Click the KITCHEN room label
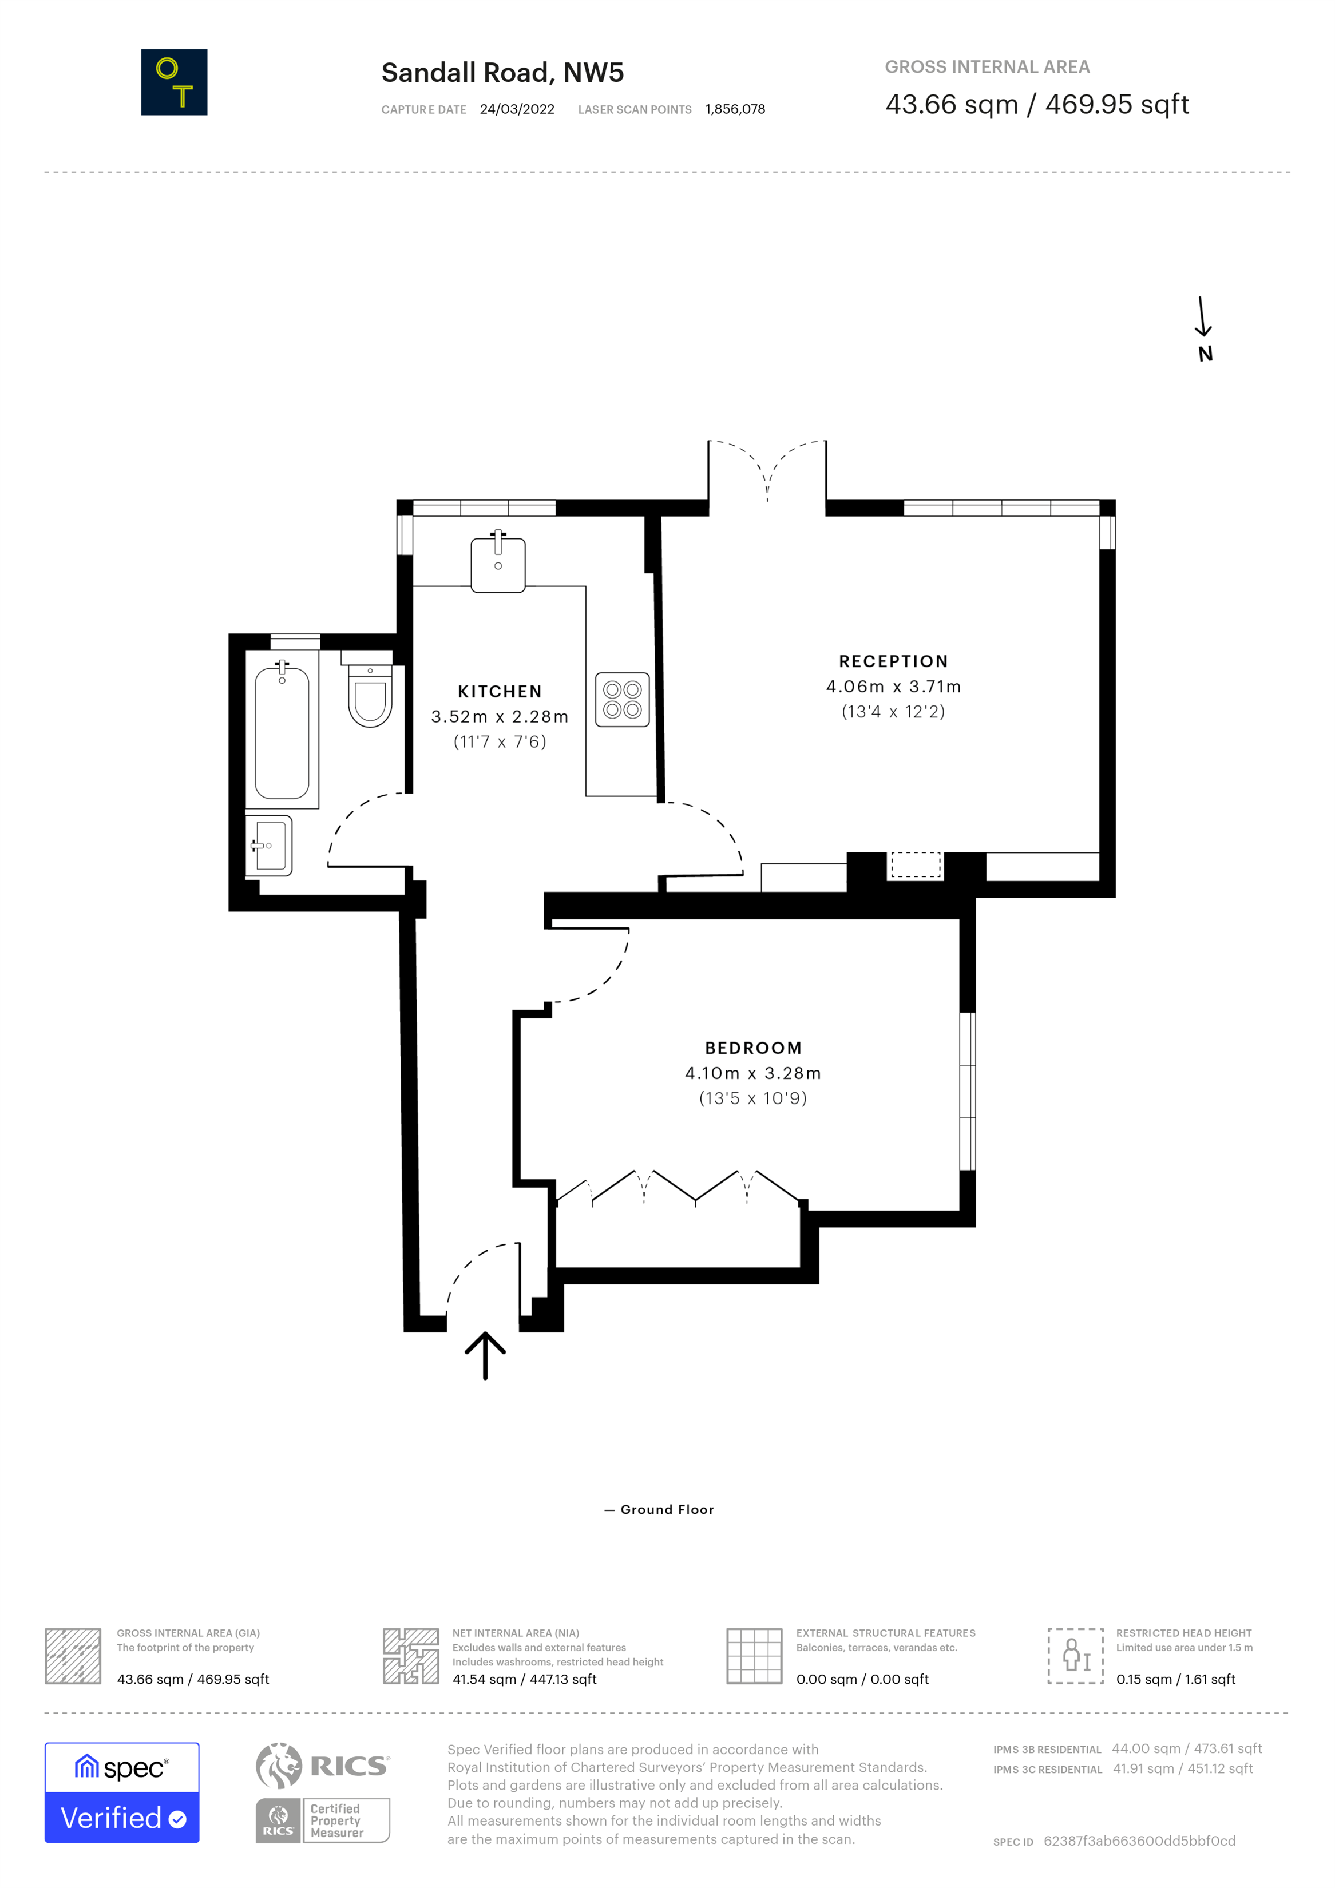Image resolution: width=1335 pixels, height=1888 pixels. [x=500, y=692]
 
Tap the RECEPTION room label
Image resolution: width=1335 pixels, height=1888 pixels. [x=893, y=661]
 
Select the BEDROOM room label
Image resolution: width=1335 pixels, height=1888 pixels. [x=752, y=1048]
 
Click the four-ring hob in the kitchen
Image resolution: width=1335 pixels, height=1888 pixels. [x=622, y=700]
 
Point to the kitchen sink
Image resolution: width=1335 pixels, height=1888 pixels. [x=498, y=564]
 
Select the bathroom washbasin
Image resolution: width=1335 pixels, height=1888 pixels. [x=269, y=846]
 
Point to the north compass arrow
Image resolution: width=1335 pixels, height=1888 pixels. [x=1203, y=316]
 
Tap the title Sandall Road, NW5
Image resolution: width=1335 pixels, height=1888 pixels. [x=502, y=73]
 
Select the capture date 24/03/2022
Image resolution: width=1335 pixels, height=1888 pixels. [x=517, y=109]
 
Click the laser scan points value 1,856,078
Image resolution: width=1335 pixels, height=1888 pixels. [x=735, y=109]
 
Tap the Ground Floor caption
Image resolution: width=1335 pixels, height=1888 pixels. [x=667, y=1510]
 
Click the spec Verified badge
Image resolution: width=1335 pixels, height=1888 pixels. [x=122, y=1792]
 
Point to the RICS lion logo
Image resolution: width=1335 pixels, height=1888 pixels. [x=279, y=1766]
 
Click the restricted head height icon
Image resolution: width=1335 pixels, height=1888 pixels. [x=1075, y=1656]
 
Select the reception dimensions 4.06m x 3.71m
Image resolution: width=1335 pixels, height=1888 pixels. [x=893, y=687]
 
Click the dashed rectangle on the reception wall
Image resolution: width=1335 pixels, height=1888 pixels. [x=916, y=865]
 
